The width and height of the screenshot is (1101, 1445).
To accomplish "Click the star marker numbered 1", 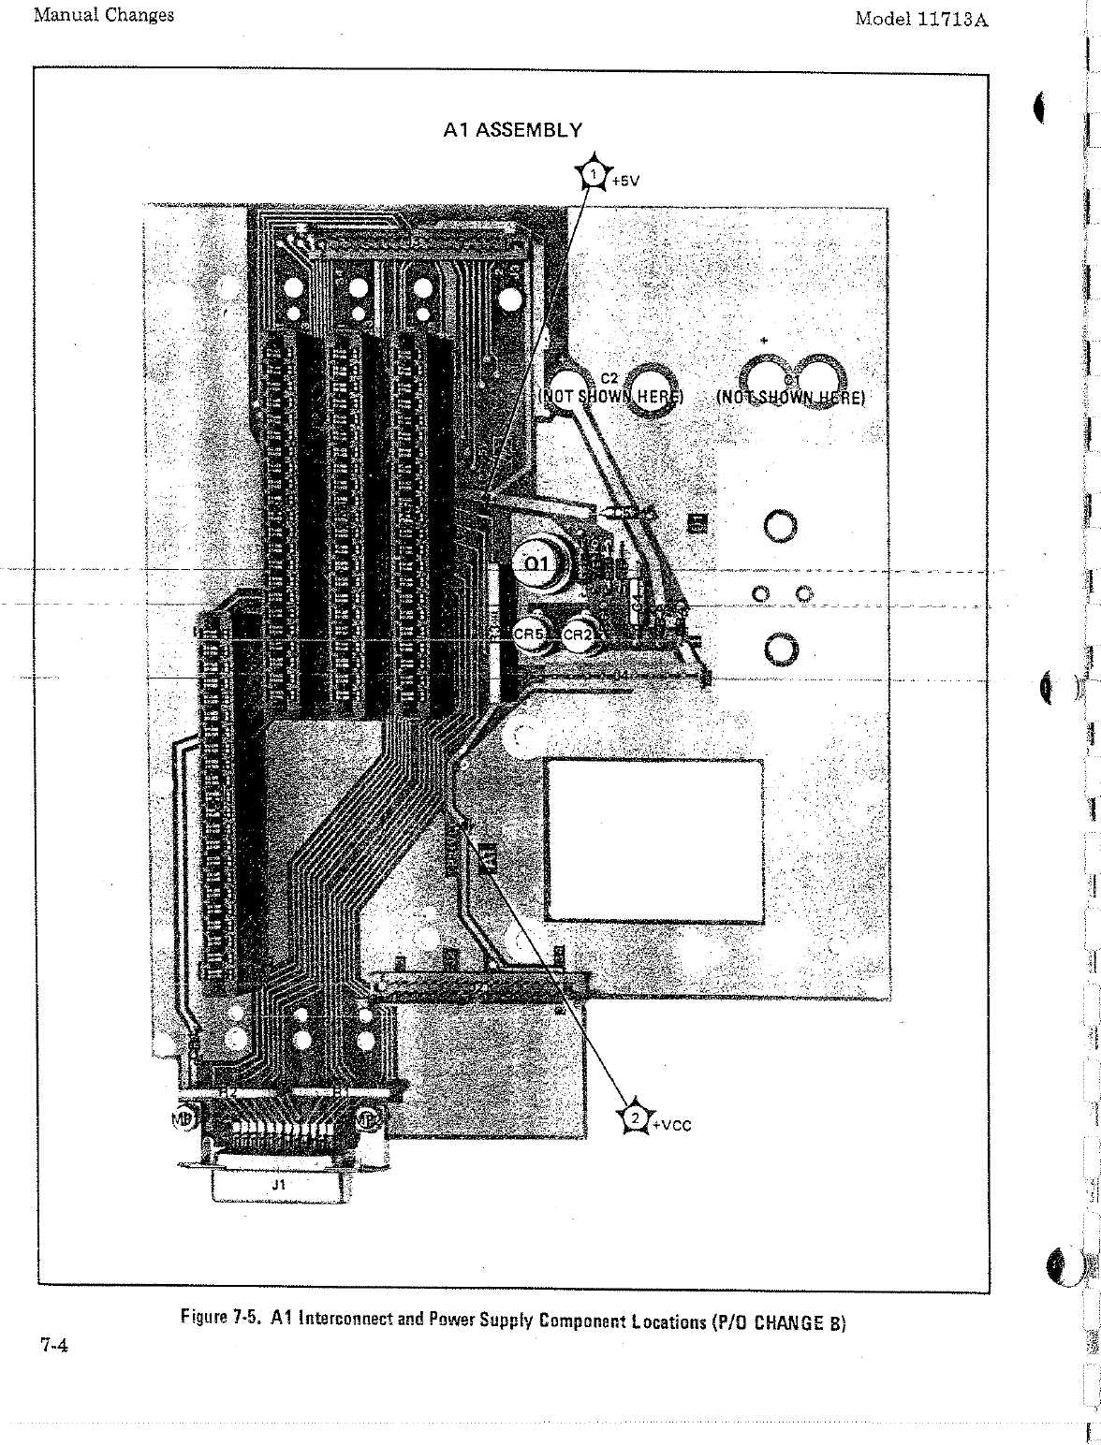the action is click(594, 173).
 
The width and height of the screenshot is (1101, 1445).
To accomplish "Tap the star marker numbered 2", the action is click(635, 1118).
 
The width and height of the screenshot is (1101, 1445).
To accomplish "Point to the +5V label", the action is click(624, 182).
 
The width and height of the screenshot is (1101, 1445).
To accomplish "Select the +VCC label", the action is click(671, 1125).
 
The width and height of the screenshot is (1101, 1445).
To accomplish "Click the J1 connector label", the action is click(277, 1184).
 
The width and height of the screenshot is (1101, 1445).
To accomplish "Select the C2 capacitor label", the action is click(609, 378).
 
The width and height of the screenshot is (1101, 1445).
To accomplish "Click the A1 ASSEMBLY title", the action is click(512, 130).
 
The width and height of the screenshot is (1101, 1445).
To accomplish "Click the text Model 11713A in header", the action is click(921, 19).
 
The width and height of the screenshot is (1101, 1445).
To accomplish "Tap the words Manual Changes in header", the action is click(103, 15).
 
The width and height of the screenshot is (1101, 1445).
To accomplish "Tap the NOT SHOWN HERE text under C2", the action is click(610, 397).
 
